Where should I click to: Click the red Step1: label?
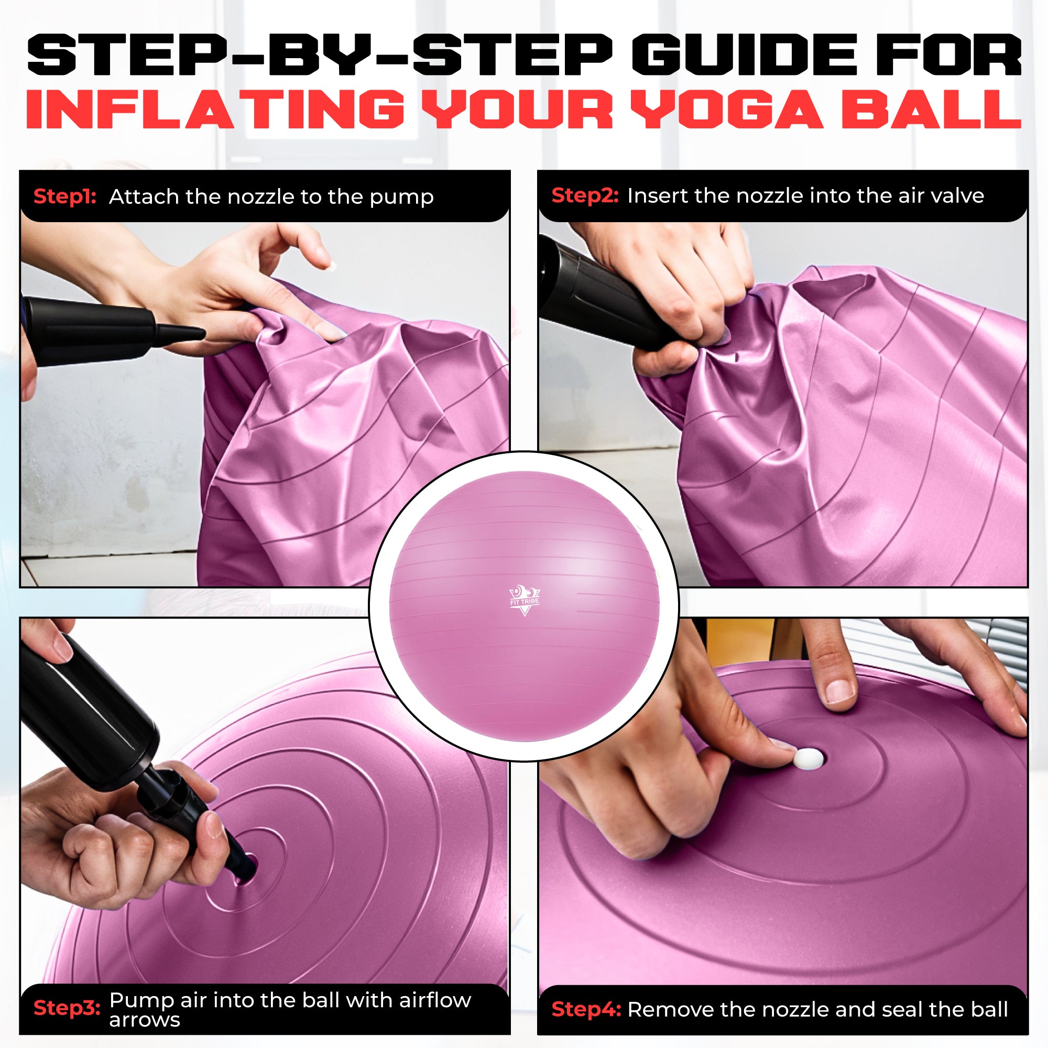coord(64,196)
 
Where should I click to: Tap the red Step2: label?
coord(585,195)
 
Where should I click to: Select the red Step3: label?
coord(67,1008)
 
